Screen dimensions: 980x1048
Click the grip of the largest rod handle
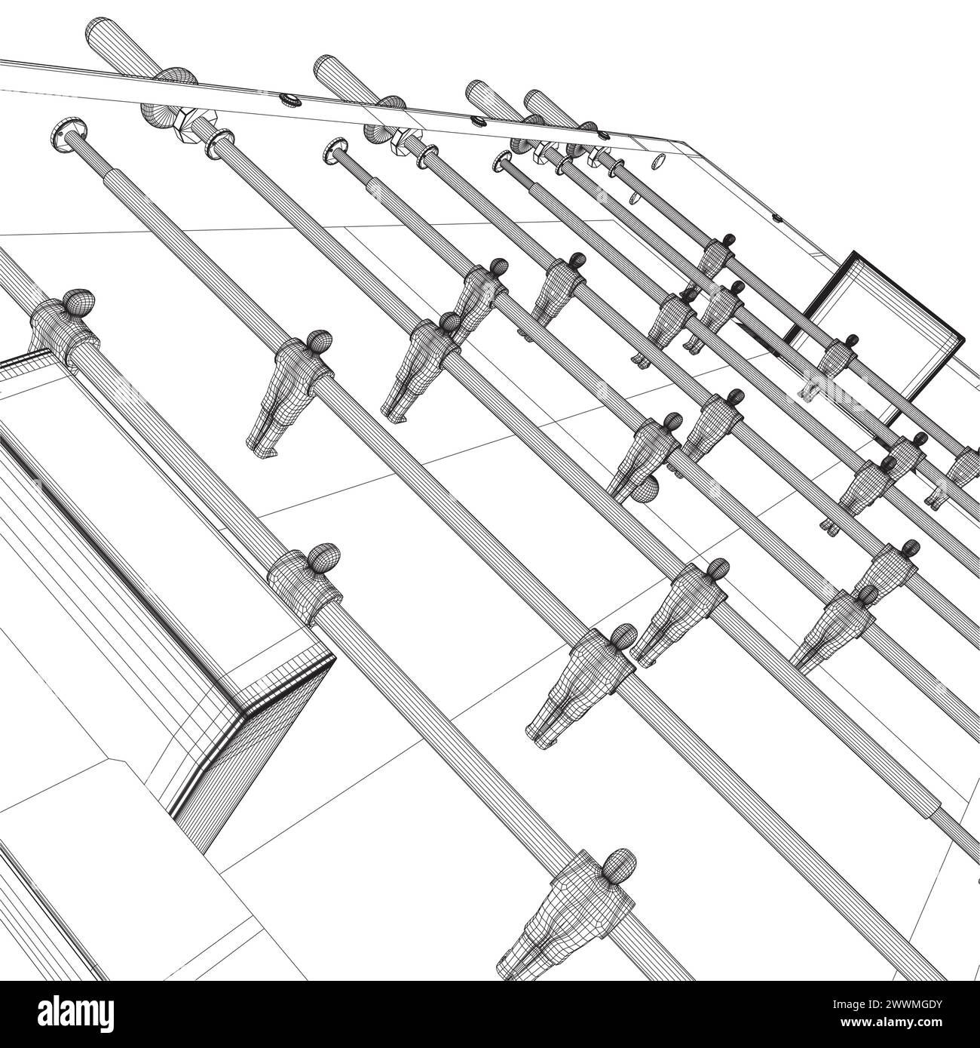coord(121,47)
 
